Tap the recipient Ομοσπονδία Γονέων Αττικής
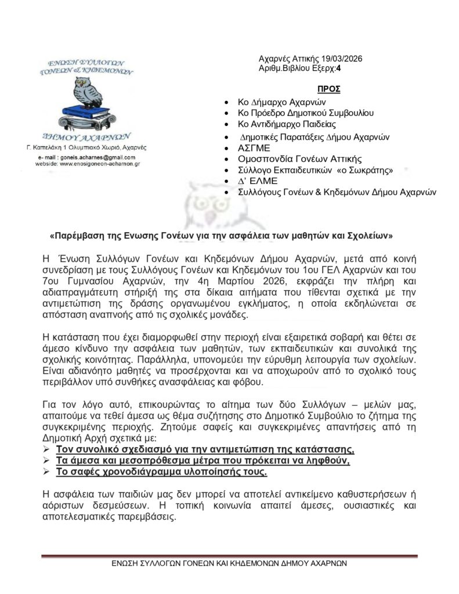click(300, 159)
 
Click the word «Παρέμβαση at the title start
click(77, 236)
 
